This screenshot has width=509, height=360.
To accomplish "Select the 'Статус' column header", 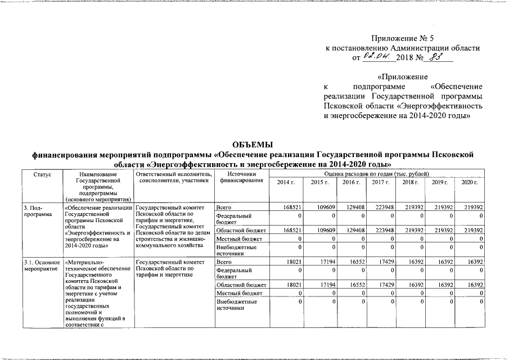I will point(42,175).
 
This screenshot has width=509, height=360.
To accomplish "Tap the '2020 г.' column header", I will point(469,183).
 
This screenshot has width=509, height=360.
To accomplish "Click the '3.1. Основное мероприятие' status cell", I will point(42,265).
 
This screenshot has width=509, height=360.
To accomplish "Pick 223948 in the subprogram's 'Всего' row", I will point(382,208).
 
